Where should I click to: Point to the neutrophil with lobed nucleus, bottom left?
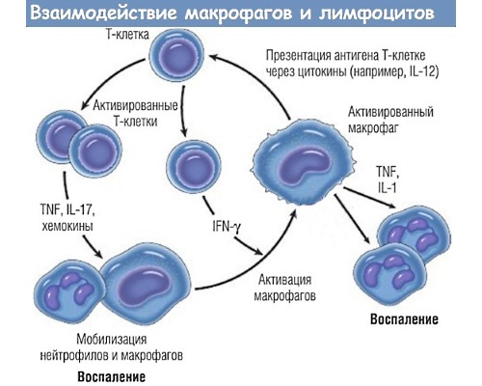pos(67,296)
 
